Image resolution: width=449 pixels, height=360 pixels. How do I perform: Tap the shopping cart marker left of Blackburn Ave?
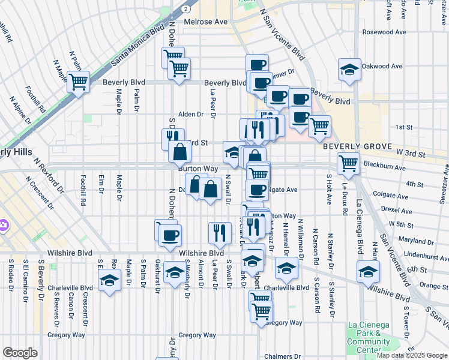[348, 162]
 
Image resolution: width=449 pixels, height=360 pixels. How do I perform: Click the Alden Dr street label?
[191, 114]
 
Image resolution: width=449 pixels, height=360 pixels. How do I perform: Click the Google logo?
[20, 353]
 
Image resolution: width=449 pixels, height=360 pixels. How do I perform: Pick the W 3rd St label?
[409, 155]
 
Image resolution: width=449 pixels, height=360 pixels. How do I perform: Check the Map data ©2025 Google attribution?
[411, 355]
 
